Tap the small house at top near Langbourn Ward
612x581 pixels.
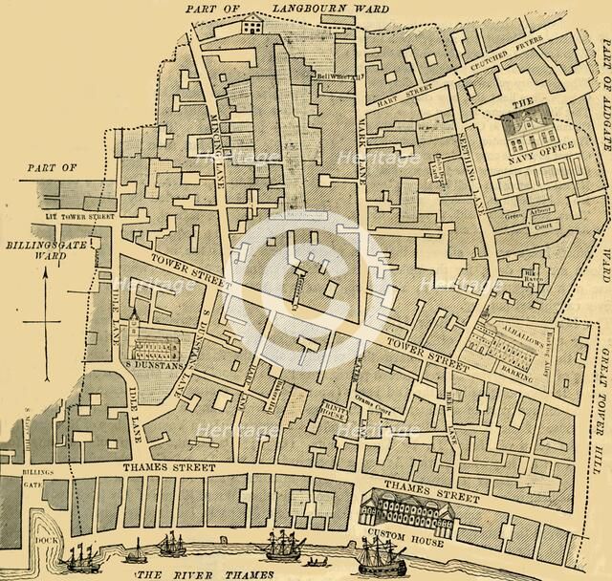point(253,25)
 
